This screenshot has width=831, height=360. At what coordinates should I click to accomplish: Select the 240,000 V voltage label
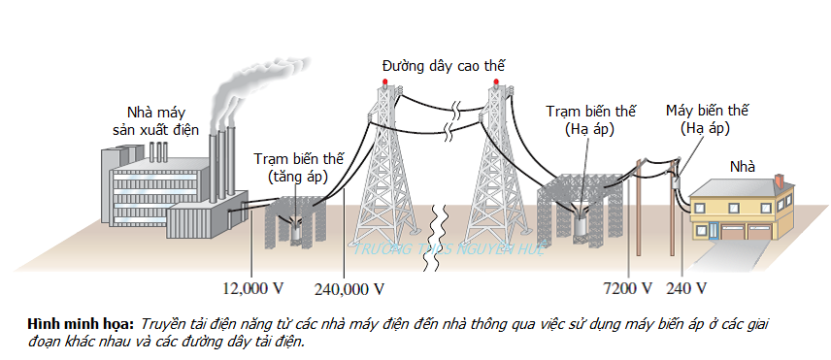(x=349, y=289)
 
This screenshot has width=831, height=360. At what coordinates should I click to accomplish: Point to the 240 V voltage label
(x=686, y=289)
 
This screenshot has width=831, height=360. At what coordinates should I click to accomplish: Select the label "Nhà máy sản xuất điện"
(x=161, y=119)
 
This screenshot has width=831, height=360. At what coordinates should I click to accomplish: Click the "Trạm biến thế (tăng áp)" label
(x=298, y=166)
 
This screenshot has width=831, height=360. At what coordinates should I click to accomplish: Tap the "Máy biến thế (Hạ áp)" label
(x=706, y=118)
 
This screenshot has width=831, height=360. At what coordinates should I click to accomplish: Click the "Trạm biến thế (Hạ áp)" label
(x=582, y=118)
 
